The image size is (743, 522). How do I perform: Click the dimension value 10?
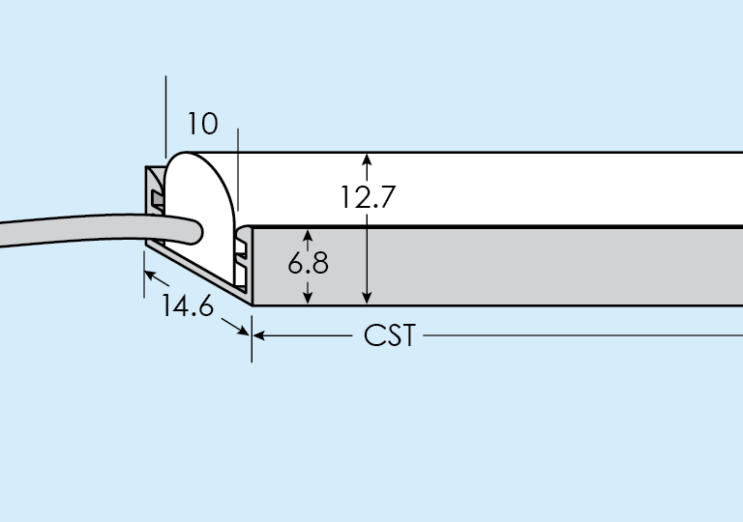[203, 124]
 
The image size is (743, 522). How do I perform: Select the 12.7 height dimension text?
[368, 196]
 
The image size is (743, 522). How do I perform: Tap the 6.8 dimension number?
[309, 263]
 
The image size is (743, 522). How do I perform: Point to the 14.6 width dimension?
[188, 306]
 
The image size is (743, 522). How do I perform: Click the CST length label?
[390, 336]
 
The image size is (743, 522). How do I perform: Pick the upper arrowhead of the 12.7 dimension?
[367, 159]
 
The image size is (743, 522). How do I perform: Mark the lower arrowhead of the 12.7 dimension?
[367, 298]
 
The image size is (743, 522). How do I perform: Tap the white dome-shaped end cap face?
[201, 193]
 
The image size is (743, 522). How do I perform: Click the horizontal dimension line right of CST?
[580, 336]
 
